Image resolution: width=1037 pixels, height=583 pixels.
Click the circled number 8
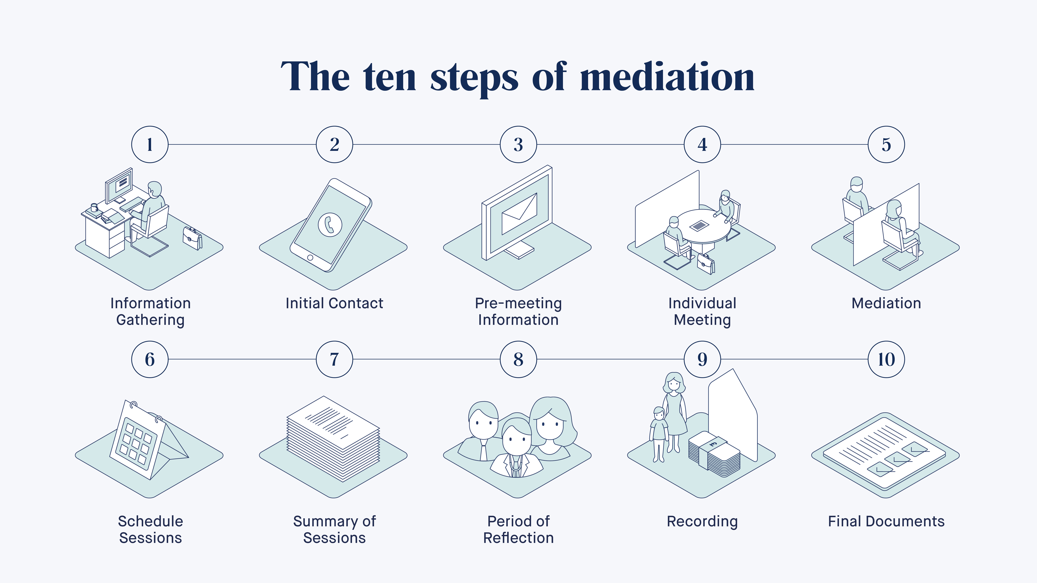coord(518,359)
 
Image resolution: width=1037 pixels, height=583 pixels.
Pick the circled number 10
coord(886,359)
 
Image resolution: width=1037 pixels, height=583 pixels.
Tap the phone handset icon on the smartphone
coord(330,225)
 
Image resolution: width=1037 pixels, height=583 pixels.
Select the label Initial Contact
coord(334,303)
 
